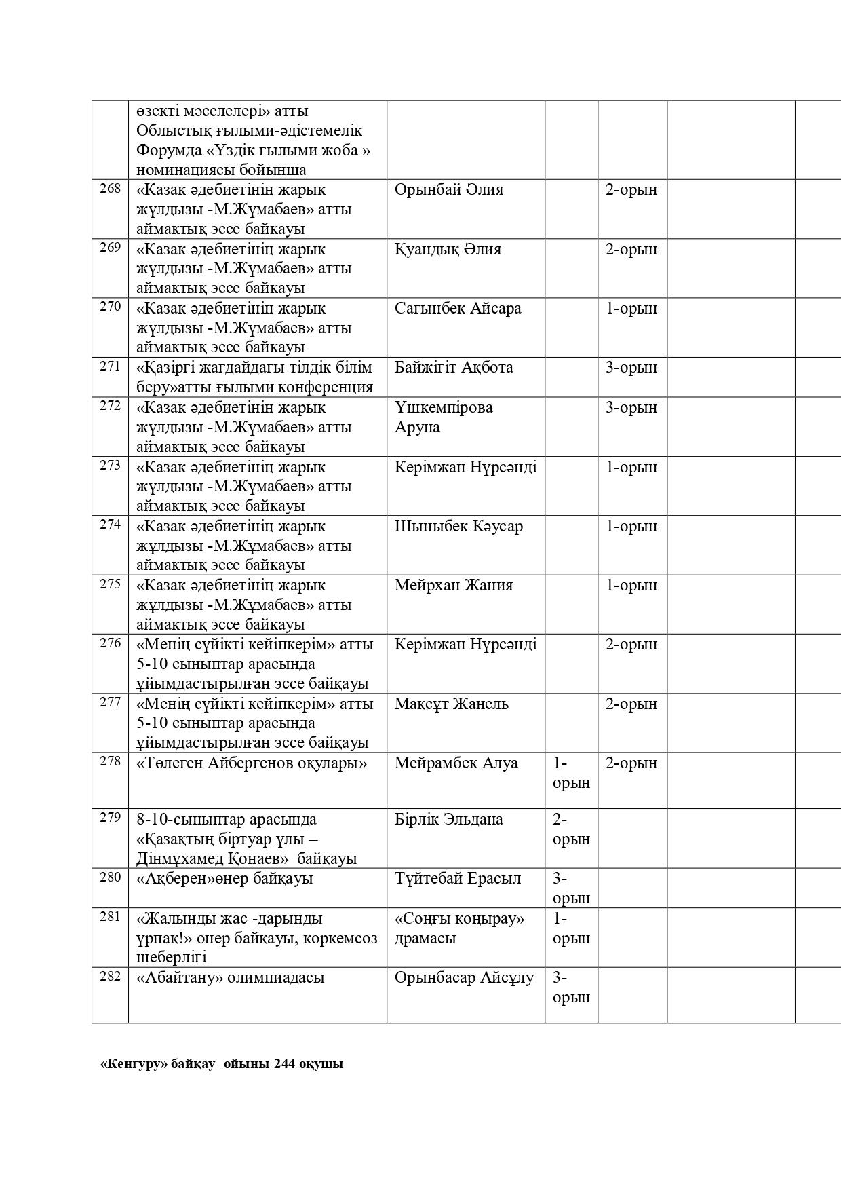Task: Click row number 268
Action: [x=110, y=188]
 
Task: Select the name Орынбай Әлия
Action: [x=448, y=189]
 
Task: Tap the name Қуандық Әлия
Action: [x=448, y=249]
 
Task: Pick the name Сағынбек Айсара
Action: [x=458, y=308]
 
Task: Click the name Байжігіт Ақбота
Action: [x=454, y=368]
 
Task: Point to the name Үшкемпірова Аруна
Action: [x=444, y=417]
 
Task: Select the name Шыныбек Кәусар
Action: [x=458, y=526]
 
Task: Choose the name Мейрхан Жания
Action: [x=454, y=585]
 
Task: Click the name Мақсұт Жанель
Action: [x=451, y=704]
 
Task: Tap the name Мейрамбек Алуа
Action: [x=456, y=763]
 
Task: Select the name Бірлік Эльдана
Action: [x=448, y=819]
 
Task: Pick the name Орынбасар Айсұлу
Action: [x=464, y=978]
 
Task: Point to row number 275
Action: [x=110, y=584]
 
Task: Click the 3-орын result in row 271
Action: [x=631, y=368]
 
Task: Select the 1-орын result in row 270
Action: [x=631, y=308]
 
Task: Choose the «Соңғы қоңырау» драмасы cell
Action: [x=460, y=928]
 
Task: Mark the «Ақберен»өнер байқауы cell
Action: [x=224, y=878]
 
